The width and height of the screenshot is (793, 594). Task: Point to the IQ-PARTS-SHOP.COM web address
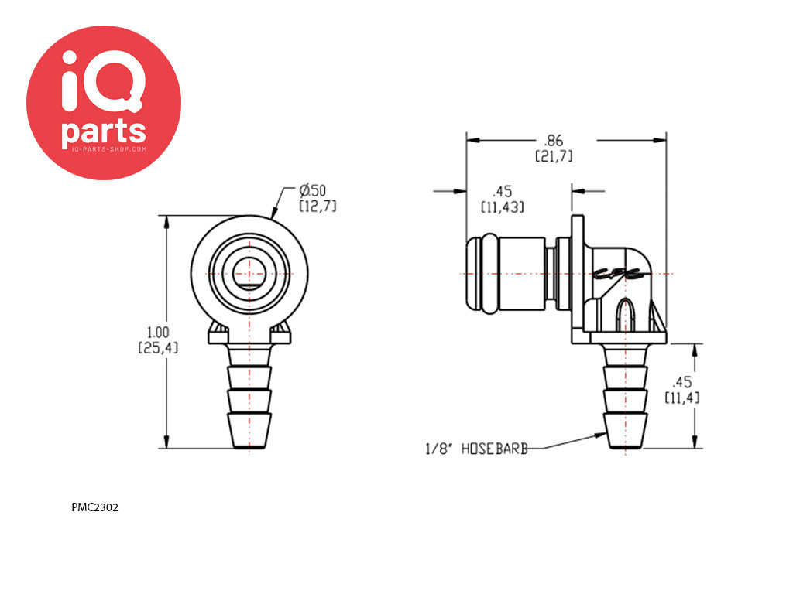(103, 148)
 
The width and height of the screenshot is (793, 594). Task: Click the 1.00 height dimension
(158, 333)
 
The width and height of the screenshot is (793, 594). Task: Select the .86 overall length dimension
(553, 141)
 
